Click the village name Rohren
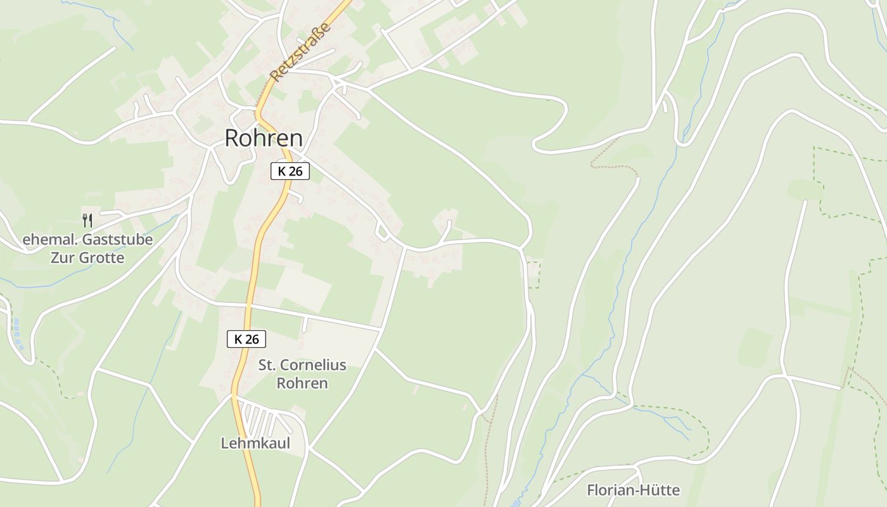click(x=264, y=139)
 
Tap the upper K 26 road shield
click(x=290, y=171)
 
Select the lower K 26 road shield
click(x=246, y=339)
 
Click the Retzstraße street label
click(x=300, y=52)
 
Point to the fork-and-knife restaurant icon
click(x=87, y=221)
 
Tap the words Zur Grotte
click(x=88, y=258)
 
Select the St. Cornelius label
click(x=302, y=365)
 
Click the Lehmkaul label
click(x=255, y=444)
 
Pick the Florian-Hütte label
click(x=633, y=490)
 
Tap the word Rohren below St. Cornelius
click(x=302, y=383)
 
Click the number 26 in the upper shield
click(x=295, y=171)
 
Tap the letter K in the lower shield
click(x=238, y=339)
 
